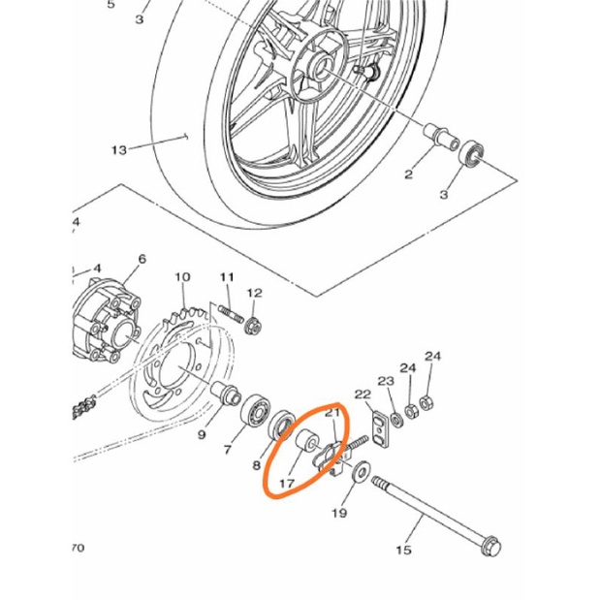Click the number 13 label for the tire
[x=119, y=150]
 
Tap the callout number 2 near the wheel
[x=408, y=174]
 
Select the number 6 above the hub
[x=142, y=259]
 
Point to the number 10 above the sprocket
[x=181, y=277]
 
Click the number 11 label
[x=227, y=277]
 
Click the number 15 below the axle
[x=403, y=550]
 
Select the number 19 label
[x=339, y=513]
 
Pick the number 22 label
[x=363, y=395]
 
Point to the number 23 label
[x=386, y=380]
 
